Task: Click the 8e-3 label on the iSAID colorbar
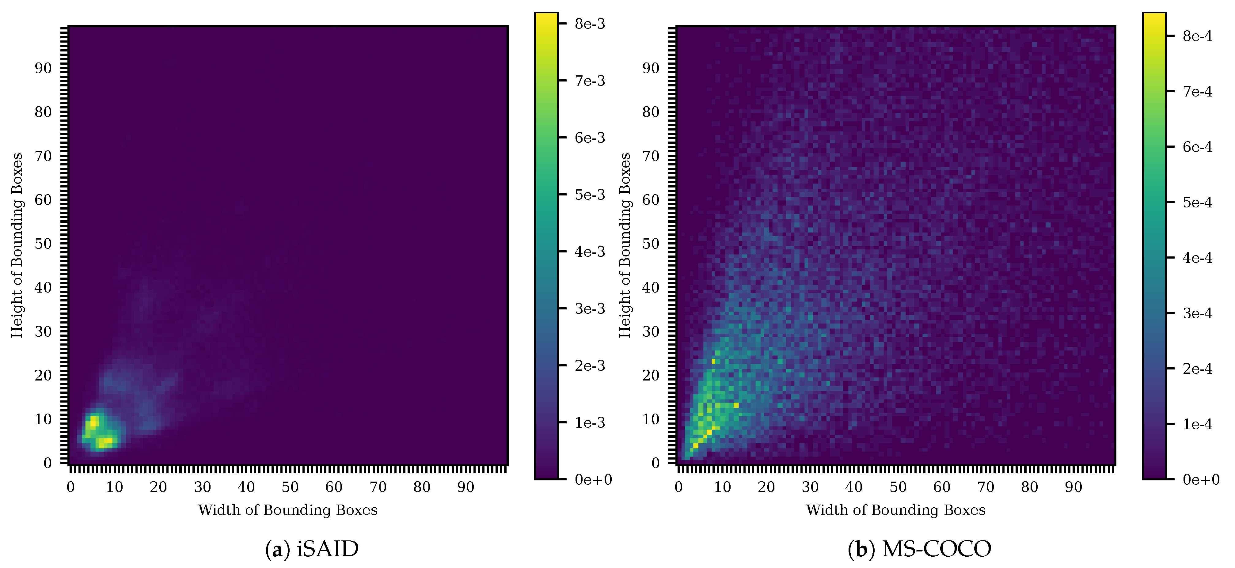coord(590,24)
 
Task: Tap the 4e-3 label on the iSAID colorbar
coord(590,252)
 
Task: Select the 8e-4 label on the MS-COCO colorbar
coord(1197,36)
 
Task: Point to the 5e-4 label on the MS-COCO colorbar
coord(1197,202)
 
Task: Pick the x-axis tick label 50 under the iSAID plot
coord(290,487)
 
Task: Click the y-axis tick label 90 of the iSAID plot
coord(43,68)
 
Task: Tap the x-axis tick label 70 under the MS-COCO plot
coord(986,487)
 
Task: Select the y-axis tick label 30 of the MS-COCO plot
coord(651,331)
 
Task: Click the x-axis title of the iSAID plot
coord(288,510)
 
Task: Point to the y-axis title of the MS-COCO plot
coord(625,245)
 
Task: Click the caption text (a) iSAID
coord(312,549)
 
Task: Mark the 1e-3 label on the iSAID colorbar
coord(590,423)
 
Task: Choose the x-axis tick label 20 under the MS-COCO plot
coord(766,487)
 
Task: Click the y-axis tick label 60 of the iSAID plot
coord(43,200)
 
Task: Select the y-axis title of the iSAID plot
coord(17,245)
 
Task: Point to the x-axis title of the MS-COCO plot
coord(895,510)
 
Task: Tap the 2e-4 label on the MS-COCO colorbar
coord(1197,369)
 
